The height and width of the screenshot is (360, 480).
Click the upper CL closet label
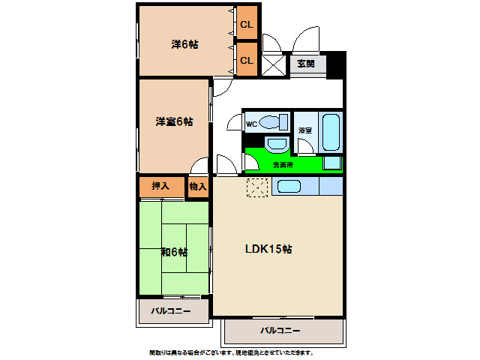[x=247, y=25]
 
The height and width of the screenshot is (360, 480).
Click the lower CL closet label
[x=247, y=60]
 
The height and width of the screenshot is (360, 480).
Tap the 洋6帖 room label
[x=184, y=44]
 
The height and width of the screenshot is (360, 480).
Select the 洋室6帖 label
[x=174, y=121]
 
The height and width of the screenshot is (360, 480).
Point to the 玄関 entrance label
[x=306, y=64]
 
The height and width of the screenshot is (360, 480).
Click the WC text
[x=253, y=124]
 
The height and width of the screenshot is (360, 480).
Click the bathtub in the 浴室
[x=331, y=132]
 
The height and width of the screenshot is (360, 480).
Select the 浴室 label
[x=305, y=130]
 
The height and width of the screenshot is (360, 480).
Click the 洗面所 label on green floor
[x=283, y=163]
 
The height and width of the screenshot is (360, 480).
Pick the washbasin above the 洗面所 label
[x=276, y=144]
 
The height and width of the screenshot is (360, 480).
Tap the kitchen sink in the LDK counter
[x=289, y=187]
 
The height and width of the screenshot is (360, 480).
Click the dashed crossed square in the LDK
[x=257, y=187]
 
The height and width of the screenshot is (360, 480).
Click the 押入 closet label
[x=160, y=186]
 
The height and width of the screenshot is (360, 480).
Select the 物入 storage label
[x=198, y=186]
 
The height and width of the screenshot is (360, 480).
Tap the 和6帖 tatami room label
[x=174, y=252]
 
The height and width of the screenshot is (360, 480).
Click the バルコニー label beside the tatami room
[x=170, y=310]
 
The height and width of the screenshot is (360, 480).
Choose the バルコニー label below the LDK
[x=280, y=330]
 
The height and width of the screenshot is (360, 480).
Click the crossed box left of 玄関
[x=274, y=64]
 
